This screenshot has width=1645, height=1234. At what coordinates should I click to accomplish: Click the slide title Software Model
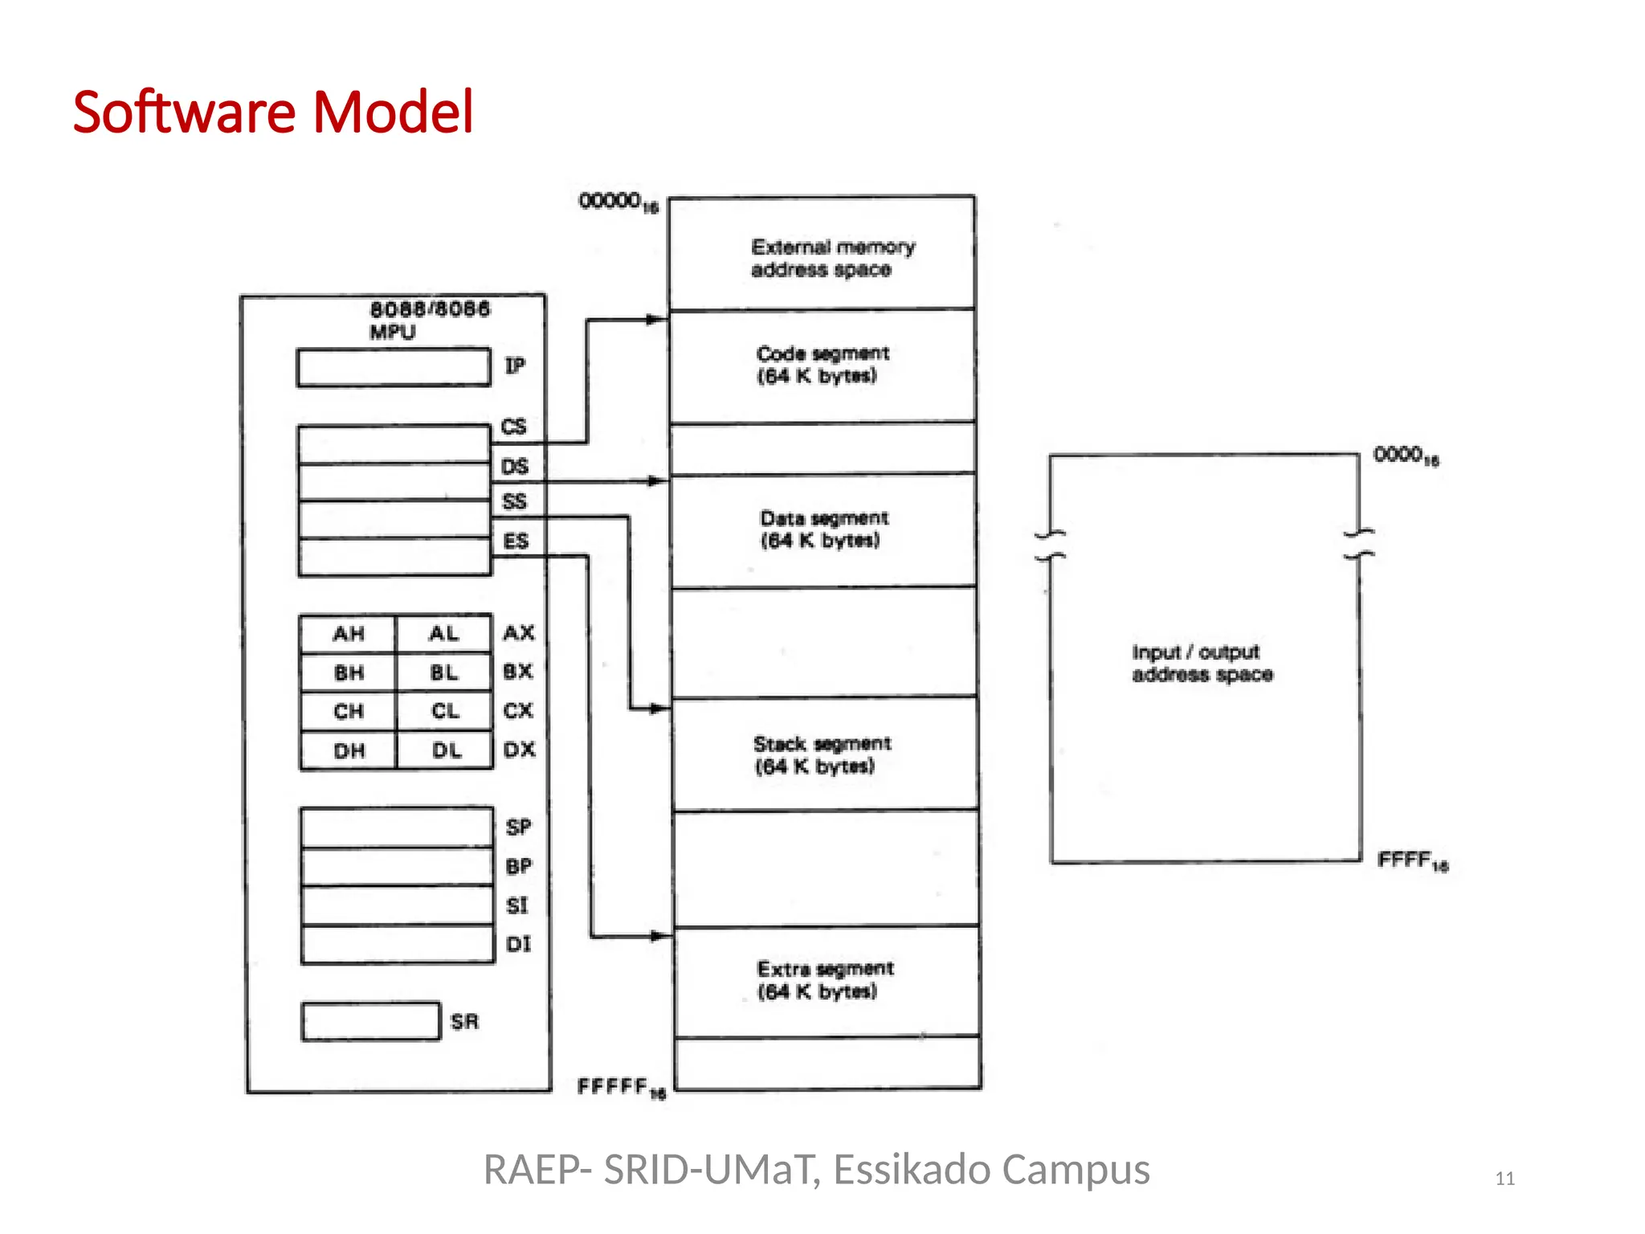pos(273,112)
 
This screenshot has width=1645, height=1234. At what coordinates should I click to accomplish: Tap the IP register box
pos(393,368)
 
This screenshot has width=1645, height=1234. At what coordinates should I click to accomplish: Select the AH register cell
pos(349,634)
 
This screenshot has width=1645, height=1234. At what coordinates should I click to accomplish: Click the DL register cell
pos(446,750)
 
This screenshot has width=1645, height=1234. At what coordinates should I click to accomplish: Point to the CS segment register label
pos(513,427)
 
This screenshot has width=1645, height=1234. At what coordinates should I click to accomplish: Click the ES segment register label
pos(516,541)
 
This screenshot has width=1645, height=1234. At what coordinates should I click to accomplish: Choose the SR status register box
pos(370,1021)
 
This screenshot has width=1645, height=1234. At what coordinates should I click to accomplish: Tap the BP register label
pos(518,866)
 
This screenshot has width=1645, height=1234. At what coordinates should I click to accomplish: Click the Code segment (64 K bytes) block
pos(822,366)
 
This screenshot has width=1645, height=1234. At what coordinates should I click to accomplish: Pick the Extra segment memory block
pos(826,980)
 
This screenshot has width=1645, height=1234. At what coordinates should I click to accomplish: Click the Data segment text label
pos(823,518)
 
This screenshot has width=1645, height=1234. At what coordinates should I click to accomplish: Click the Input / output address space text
pos(1202,663)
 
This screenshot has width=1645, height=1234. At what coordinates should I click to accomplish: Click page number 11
pos(1504,1179)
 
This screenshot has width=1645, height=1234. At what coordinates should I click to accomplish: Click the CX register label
pos(518,710)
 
